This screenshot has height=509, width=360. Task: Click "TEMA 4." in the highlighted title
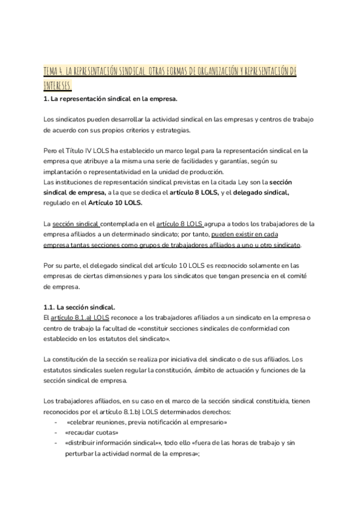tap(53, 71)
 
